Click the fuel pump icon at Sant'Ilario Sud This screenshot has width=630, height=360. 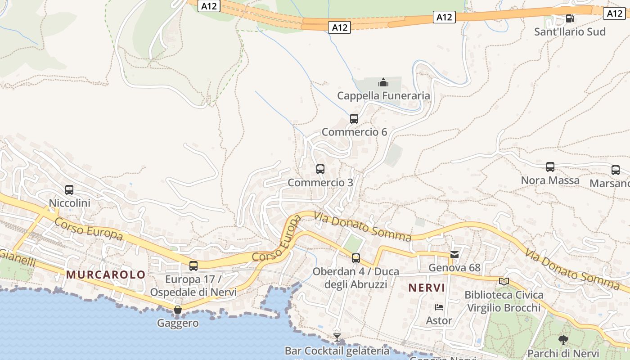click(x=570, y=18)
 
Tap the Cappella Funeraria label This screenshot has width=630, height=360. click(x=383, y=96)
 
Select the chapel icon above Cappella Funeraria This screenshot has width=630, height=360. click(x=383, y=82)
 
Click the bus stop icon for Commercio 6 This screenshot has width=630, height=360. click(x=354, y=119)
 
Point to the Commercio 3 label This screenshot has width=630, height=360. click(x=320, y=183)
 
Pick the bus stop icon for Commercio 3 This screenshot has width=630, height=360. click(x=320, y=169)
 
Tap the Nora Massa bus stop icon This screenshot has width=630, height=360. click(x=550, y=167)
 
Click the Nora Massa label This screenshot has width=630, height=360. click(x=550, y=180)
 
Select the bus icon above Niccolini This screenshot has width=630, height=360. click(x=69, y=190)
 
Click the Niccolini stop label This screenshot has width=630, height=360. click(x=69, y=203)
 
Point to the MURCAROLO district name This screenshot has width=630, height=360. click(x=106, y=274)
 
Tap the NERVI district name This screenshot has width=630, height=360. click(x=426, y=288)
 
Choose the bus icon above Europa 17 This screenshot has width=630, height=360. click(x=193, y=266)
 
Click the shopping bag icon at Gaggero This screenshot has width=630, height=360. click(x=178, y=310)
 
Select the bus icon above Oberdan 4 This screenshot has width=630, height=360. click(x=356, y=258)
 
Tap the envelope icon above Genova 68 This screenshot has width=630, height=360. click(x=454, y=255)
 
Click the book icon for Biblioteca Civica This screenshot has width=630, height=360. click(x=504, y=282)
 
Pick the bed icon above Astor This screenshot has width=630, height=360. click(x=439, y=307)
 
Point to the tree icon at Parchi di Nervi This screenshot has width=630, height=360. click(x=563, y=340)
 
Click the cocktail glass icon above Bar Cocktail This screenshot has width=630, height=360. click(x=337, y=337)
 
